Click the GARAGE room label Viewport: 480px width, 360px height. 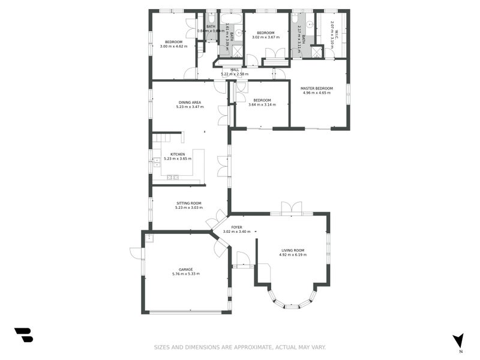click(x=185, y=269)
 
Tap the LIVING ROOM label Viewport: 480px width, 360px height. click(x=293, y=250)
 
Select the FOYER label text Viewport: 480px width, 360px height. click(x=237, y=227)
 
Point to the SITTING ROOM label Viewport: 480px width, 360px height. click(x=188, y=203)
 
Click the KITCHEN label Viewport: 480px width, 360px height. click(x=178, y=154)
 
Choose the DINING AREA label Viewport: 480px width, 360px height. click(x=190, y=102)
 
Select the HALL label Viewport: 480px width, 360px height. click(x=235, y=70)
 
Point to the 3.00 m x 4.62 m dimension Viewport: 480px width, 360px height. click(x=174, y=46)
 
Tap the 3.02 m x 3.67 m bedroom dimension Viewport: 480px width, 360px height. click(x=265, y=37)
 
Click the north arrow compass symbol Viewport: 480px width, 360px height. click(x=458, y=340)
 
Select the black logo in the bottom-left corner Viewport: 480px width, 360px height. click(x=23, y=335)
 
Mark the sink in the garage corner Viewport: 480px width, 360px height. click(x=149, y=238)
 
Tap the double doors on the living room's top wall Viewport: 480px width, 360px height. click(x=291, y=208)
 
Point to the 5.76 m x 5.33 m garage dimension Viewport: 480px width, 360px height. click(x=185, y=274)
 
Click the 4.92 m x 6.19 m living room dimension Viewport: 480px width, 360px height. click(x=293, y=255)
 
